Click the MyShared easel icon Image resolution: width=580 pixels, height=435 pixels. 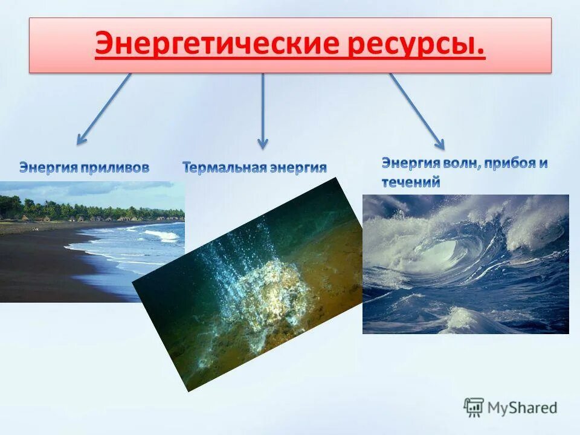tap(474, 408)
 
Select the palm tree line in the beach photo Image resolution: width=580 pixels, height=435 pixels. tap(91, 211)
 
